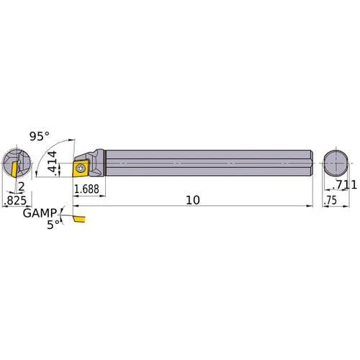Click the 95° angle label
pyautogui.click(x=40, y=136)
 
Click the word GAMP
pyautogui.click(x=36, y=214)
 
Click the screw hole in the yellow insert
pyautogui.click(x=81, y=169)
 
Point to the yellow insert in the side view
pyautogui.click(x=81, y=169)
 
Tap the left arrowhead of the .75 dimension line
pyautogui.click(x=323, y=207)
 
